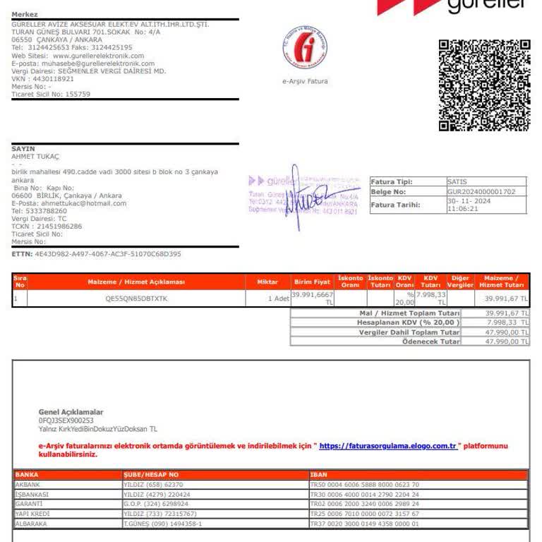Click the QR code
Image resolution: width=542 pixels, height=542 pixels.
484,85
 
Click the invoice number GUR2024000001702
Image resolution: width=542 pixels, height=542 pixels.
482,191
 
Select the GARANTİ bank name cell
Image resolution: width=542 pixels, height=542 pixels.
29,504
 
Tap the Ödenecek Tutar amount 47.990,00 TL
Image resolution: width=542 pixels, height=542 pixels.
507,342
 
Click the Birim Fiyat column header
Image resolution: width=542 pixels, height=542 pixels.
312,282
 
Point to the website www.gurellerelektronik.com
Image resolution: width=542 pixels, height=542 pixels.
98,56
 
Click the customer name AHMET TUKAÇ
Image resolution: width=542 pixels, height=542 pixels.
36,157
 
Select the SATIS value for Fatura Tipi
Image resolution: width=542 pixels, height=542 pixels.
457,181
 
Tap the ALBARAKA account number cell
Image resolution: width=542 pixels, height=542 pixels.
163,524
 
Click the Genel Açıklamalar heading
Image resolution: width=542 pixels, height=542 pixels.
71,412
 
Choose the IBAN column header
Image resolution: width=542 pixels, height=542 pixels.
319,475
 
